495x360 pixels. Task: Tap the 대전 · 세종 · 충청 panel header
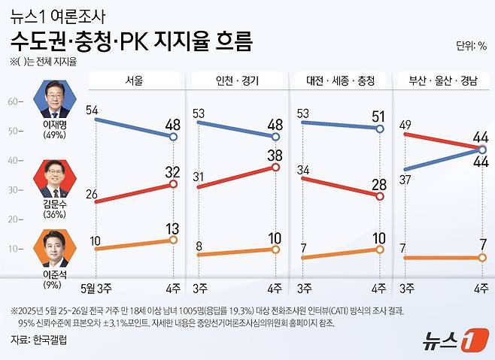341,79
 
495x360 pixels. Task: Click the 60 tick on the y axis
13,101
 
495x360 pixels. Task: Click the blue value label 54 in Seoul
93,110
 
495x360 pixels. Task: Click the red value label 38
275,156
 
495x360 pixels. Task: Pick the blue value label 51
379,116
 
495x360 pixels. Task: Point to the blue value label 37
406,179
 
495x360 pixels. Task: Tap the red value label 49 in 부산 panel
406,125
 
